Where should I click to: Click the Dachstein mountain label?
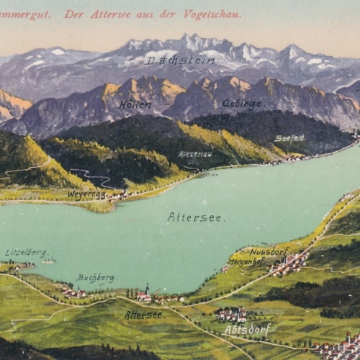point(180,61)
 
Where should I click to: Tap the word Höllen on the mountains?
point(135,104)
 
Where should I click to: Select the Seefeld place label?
point(289,138)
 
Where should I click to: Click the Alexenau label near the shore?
point(194,154)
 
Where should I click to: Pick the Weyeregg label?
point(86,194)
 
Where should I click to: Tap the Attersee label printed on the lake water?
point(195,217)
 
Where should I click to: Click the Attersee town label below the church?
point(143,315)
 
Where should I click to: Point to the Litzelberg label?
point(25,252)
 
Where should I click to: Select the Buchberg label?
point(96,277)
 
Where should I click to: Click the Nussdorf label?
point(269,251)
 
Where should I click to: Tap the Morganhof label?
point(248,262)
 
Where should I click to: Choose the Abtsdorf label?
point(248,329)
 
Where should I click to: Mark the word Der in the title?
point(74,14)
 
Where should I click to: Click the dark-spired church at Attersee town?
point(147,292)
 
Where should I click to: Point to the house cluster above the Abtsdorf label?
point(232,313)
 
